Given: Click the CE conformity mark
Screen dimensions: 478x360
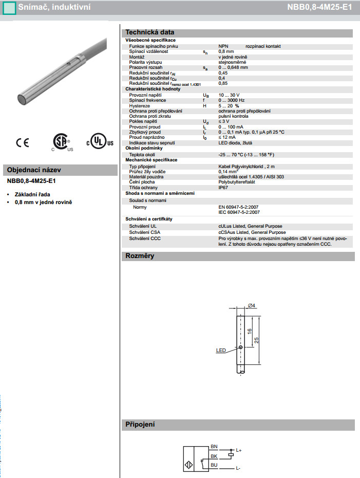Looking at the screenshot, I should click(23, 142).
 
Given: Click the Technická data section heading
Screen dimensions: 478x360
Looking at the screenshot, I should click(146, 32).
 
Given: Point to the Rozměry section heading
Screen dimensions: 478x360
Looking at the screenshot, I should click(140, 256).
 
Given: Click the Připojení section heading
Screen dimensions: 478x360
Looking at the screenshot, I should click(140, 425).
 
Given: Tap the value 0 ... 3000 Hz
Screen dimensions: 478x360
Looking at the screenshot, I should click(232, 101).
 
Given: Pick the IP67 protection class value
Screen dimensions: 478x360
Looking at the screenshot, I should click(223, 188).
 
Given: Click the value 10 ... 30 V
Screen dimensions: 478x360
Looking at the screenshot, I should click(229, 96).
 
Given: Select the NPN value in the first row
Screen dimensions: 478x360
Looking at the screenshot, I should click(223, 46).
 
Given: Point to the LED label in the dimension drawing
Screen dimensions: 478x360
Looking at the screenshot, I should click(221, 351).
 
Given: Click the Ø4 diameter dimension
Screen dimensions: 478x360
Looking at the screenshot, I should click(252, 306).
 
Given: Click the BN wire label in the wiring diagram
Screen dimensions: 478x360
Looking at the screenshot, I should click(214, 447).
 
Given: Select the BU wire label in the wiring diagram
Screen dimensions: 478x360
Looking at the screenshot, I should click(214, 465).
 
